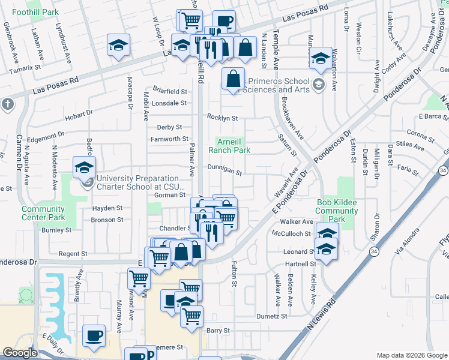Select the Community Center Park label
click(43, 213)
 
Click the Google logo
click(19, 353)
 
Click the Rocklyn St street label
click(223, 118)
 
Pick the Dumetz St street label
click(273, 316)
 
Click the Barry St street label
click(218, 331)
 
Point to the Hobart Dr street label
click(79, 112)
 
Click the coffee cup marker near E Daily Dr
click(94, 335)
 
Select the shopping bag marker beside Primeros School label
click(233, 78)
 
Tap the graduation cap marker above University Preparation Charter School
click(84, 166)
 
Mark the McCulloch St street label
click(291, 233)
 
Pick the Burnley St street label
click(56, 230)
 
